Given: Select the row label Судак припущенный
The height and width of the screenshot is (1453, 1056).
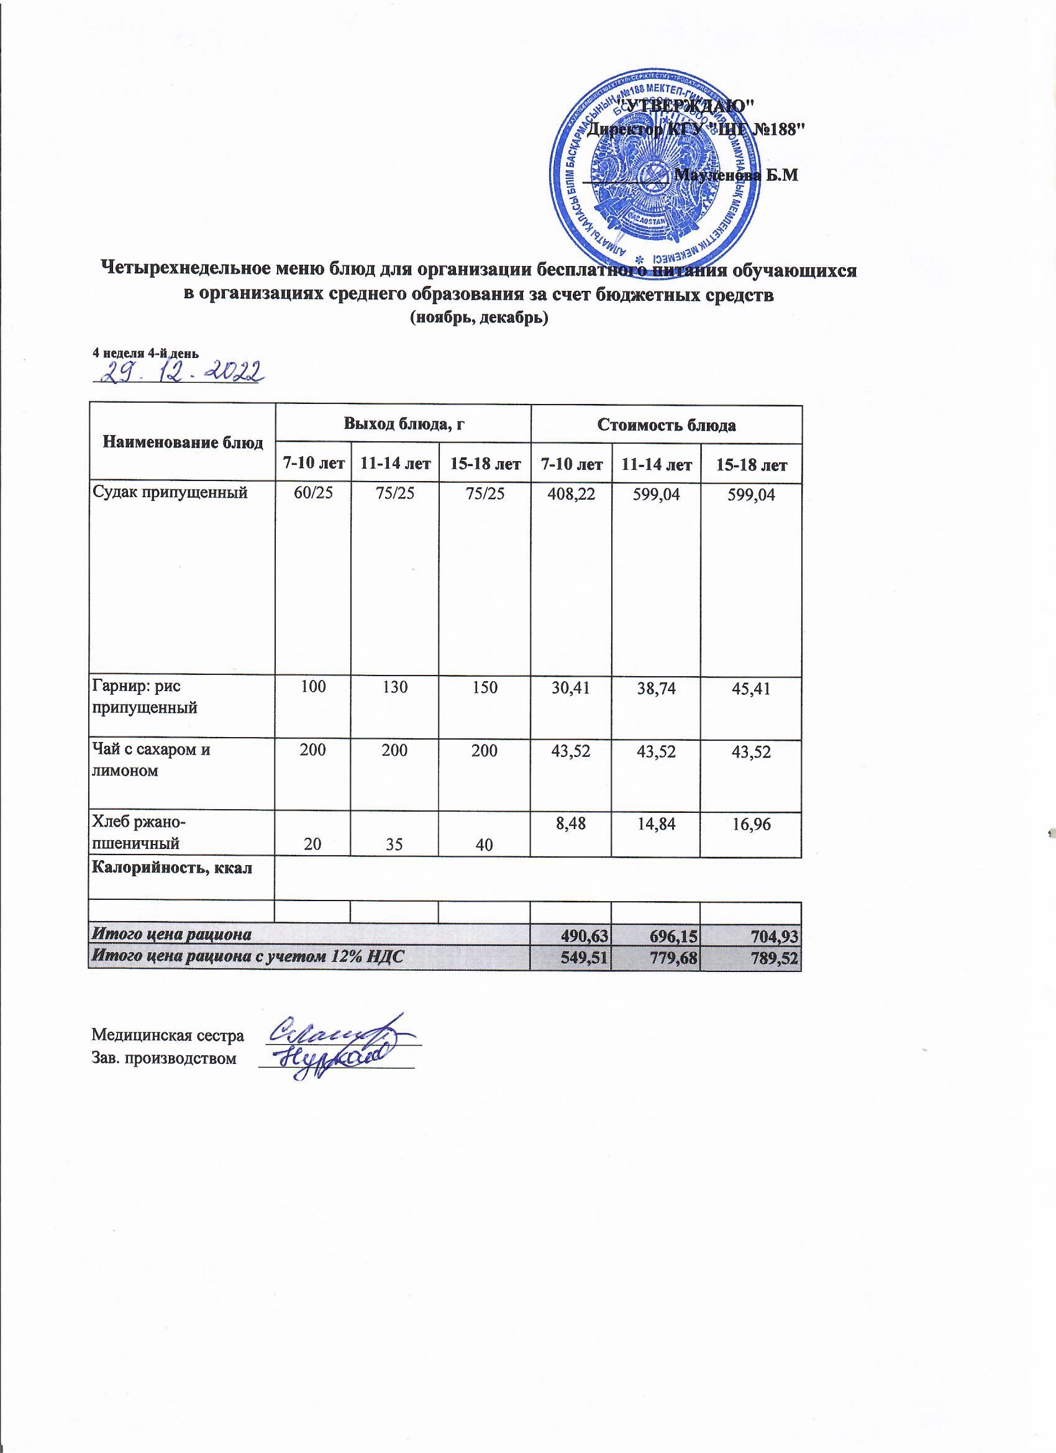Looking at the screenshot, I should coord(170,493).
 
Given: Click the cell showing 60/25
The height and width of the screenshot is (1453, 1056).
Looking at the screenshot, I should coord(312,493).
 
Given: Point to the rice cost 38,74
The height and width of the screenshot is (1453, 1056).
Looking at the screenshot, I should coord(656,689).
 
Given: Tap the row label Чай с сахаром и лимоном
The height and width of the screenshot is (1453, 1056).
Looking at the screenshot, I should coord(152,760).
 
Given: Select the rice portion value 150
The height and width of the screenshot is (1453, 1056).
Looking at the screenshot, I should coord(483,687).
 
